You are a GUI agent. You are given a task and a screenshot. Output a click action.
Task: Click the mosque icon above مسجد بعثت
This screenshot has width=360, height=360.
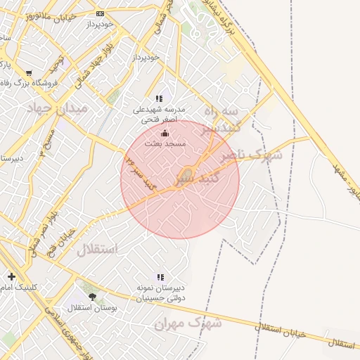coord(165,133)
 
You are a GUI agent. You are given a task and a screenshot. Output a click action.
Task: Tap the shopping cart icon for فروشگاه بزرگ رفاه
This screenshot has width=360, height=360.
coord(29,72)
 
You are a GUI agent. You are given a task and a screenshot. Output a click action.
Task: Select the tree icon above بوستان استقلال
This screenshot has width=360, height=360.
coord(92,297)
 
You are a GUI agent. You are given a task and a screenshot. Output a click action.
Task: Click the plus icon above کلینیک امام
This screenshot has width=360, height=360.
coord(11,276)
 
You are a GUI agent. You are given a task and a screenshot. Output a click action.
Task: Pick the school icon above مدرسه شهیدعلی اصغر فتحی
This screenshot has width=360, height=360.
coord(160,99)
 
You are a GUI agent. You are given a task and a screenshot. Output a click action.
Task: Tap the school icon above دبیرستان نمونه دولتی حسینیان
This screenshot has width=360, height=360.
coord(160,277)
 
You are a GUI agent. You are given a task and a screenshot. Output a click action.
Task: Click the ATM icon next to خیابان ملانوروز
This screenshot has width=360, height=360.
coord(100,13)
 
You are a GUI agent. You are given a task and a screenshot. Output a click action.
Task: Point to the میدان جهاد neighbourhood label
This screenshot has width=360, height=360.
coord(57,108)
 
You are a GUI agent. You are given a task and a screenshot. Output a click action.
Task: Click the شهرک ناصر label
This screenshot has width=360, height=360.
coord(251,155)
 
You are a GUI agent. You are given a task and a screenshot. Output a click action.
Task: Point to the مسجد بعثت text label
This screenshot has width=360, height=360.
coord(165,143)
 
